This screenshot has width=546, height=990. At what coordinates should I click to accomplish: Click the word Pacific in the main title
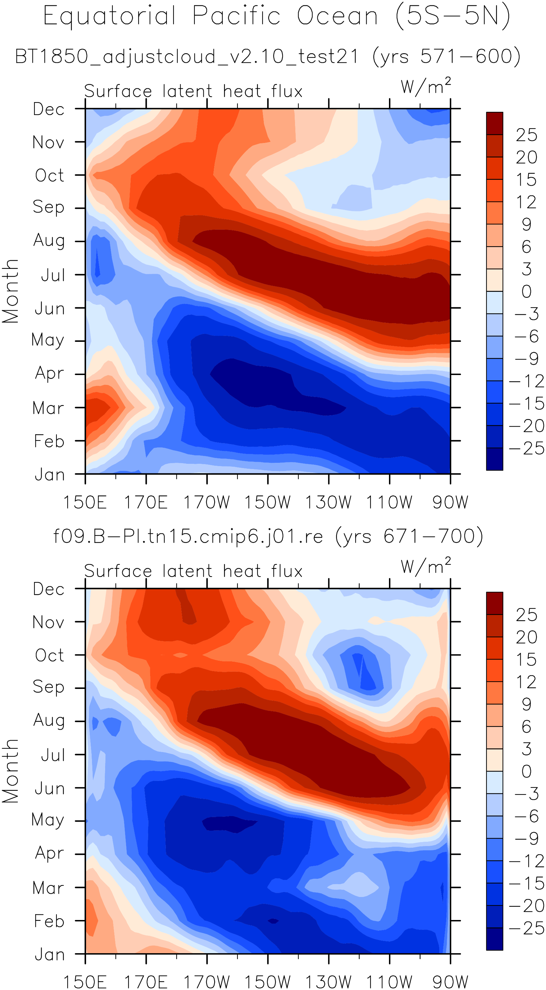(x=236, y=16)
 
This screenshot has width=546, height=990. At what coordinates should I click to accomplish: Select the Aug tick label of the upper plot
(x=49, y=241)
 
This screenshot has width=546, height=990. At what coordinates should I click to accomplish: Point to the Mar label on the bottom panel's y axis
(x=48, y=888)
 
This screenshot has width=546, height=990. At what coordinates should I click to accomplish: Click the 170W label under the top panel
(x=207, y=502)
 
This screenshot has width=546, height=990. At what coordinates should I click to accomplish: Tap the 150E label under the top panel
(x=85, y=502)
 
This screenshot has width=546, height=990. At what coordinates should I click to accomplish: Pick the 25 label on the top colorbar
(x=526, y=135)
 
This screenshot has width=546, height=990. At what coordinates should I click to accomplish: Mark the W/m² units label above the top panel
(x=426, y=86)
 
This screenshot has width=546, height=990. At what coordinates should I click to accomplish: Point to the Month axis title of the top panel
(x=11, y=291)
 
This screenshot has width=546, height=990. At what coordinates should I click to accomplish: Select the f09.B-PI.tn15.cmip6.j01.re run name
(x=188, y=536)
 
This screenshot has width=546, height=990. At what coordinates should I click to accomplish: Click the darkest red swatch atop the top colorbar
(x=494, y=123)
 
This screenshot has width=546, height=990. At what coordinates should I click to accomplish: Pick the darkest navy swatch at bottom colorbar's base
(x=494, y=939)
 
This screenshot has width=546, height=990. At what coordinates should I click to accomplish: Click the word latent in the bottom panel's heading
(x=187, y=571)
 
